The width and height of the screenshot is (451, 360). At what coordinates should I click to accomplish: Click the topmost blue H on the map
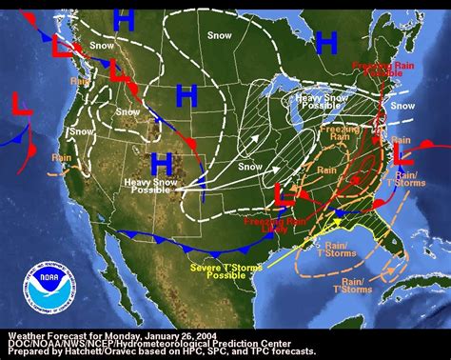(x=123, y=18)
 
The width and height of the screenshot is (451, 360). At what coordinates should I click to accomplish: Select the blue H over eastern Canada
(x=326, y=42)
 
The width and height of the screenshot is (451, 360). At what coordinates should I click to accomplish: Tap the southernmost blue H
(x=161, y=161)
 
